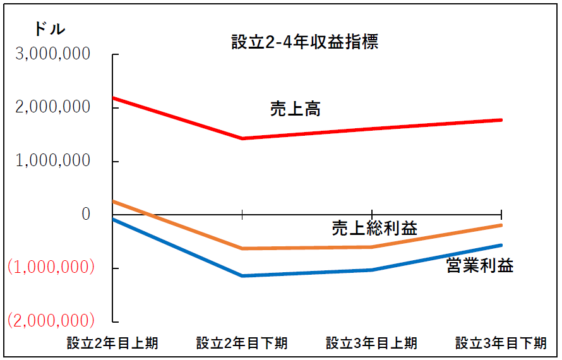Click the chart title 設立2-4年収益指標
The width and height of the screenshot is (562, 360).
[x=304, y=44]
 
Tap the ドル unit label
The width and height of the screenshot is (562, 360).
[x=49, y=29]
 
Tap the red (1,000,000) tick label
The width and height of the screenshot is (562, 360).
[x=51, y=267]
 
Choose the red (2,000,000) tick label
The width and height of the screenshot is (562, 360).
[x=51, y=320]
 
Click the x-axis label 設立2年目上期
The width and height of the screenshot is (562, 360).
[x=112, y=344]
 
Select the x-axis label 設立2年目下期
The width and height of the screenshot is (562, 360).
[x=242, y=344]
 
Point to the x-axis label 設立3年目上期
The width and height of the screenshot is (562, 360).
[x=371, y=344]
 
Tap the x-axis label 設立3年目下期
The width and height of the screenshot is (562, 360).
[x=501, y=344]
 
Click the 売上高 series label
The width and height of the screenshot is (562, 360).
[x=295, y=109]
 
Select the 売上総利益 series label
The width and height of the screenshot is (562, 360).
[x=374, y=228]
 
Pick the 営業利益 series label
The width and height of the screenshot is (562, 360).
[x=480, y=265]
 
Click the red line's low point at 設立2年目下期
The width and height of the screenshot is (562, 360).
[x=242, y=138]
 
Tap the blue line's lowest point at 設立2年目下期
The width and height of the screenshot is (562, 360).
[x=242, y=276]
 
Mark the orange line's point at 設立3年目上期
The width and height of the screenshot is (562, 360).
[x=372, y=247]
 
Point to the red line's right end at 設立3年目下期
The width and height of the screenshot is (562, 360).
[x=501, y=119]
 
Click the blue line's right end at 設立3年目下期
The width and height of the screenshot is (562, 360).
[x=501, y=245]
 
